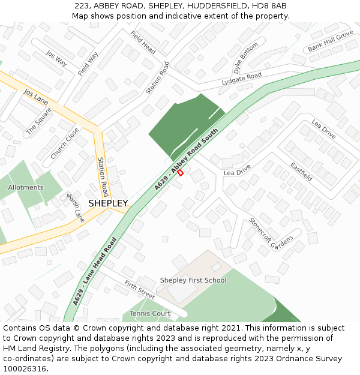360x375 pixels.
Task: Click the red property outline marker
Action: pyautogui.click(x=180, y=173)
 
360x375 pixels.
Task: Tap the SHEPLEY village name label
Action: pyautogui.click(x=108, y=203)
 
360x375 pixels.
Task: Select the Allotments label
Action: pyautogui.click(x=26, y=187)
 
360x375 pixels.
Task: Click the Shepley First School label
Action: pyautogui.click(x=193, y=280)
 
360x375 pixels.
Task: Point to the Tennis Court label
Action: pyautogui.click(x=150, y=314)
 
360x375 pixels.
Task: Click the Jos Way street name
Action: pyautogui.click(x=56, y=58)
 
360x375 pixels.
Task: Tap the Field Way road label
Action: pyautogui.click(x=88, y=64)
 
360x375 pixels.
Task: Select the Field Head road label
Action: pyautogui.click(x=143, y=43)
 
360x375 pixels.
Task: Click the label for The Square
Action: pyautogui.click(x=39, y=121)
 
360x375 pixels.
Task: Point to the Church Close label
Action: pyautogui.click(x=64, y=143)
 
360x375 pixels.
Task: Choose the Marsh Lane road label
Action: pyautogui.click(x=75, y=208)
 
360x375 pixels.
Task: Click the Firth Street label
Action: pyautogui.click(x=139, y=289)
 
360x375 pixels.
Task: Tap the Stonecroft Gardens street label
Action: pyautogui.click(x=271, y=233)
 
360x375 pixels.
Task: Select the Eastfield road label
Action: pyautogui.click(x=301, y=172)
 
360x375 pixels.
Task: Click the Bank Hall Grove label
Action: pyautogui.click(x=331, y=41)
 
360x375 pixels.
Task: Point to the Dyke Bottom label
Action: pyautogui.click(x=245, y=58)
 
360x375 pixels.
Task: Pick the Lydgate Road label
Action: pyautogui.click(x=242, y=78)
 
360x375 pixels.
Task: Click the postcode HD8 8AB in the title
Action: pyautogui.click(x=270, y=6)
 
